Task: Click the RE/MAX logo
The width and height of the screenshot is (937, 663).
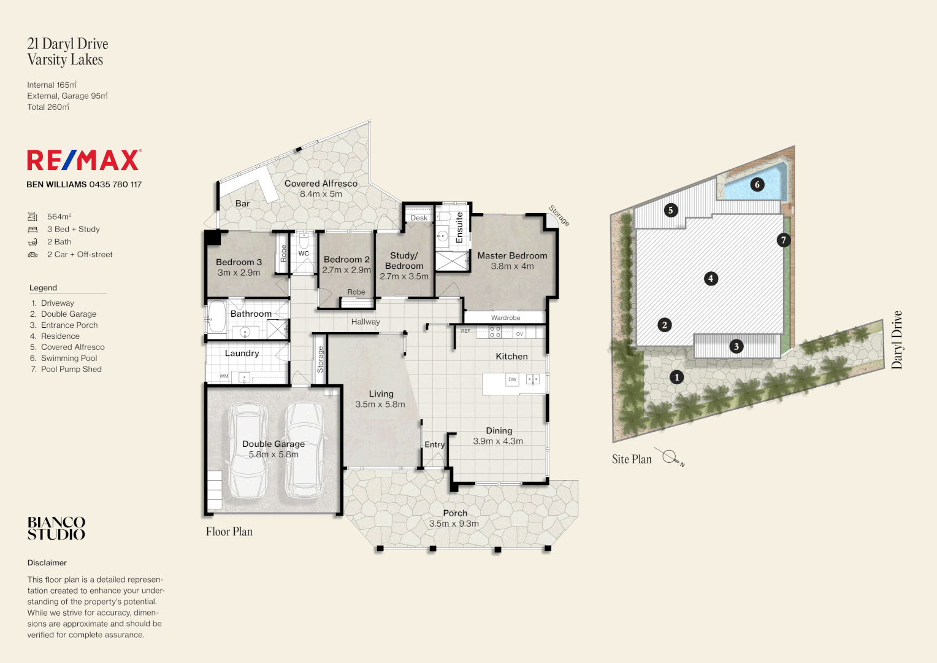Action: click(x=84, y=160)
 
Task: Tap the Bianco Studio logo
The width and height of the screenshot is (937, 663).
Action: click(x=56, y=528)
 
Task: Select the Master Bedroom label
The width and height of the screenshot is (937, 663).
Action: click(x=512, y=256)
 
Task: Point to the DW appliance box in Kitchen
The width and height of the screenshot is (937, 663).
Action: click(x=512, y=380)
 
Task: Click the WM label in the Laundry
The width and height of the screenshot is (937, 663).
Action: click(x=224, y=376)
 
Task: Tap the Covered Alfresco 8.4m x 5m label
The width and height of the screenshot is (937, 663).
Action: click(x=321, y=188)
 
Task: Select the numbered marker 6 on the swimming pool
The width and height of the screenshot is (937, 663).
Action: click(x=757, y=184)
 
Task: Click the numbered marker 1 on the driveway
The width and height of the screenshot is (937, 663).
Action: click(x=676, y=377)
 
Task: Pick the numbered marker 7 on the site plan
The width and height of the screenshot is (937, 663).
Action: click(x=783, y=240)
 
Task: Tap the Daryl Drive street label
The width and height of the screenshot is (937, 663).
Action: click(x=897, y=339)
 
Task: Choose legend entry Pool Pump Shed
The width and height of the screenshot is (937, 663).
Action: click(x=71, y=370)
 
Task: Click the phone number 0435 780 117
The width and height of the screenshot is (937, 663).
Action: click(x=115, y=185)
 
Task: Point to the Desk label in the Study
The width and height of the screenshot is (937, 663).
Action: click(x=419, y=218)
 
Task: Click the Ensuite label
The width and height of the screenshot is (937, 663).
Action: click(x=459, y=228)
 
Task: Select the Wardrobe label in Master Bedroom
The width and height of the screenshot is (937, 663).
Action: click(x=505, y=318)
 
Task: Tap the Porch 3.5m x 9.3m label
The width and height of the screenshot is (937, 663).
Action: click(x=454, y=518)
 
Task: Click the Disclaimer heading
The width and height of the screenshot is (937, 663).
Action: click(x=47, y=563)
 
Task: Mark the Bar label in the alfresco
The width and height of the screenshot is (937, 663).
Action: click(x=242, y=204)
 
